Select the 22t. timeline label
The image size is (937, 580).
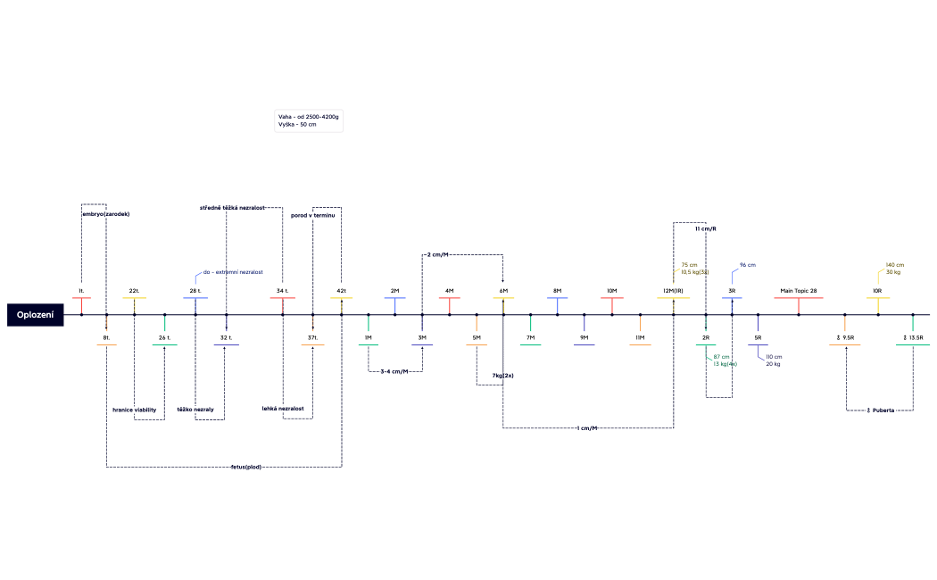click(x=134, y=291)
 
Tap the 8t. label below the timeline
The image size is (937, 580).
click(x=106, y=338)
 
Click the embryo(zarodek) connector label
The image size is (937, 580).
click(x=105, y=214)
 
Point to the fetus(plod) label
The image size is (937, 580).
click(x=245, y=467)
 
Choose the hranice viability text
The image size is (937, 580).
click(x=134, y=410)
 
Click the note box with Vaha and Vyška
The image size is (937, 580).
click(x=309, y=121)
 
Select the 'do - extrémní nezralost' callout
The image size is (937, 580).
click(x=233, y=271)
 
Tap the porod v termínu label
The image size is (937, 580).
click(x=312, y=215)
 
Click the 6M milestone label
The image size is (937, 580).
click(x=503, y=291)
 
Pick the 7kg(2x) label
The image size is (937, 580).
click(x=502, y=376)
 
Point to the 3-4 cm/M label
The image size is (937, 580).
click(x=394, y=371)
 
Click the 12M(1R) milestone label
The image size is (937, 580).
click(x=673, y=291)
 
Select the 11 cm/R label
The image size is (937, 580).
click(x=705, y=228)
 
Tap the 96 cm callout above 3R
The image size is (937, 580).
click(x=748, y=265)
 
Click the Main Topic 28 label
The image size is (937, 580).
click(x=798, y=291)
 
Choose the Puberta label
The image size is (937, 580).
click(x=881, y=410)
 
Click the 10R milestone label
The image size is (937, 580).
click(x=877, y=291)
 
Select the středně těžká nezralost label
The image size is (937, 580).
click(x=232, y=208)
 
